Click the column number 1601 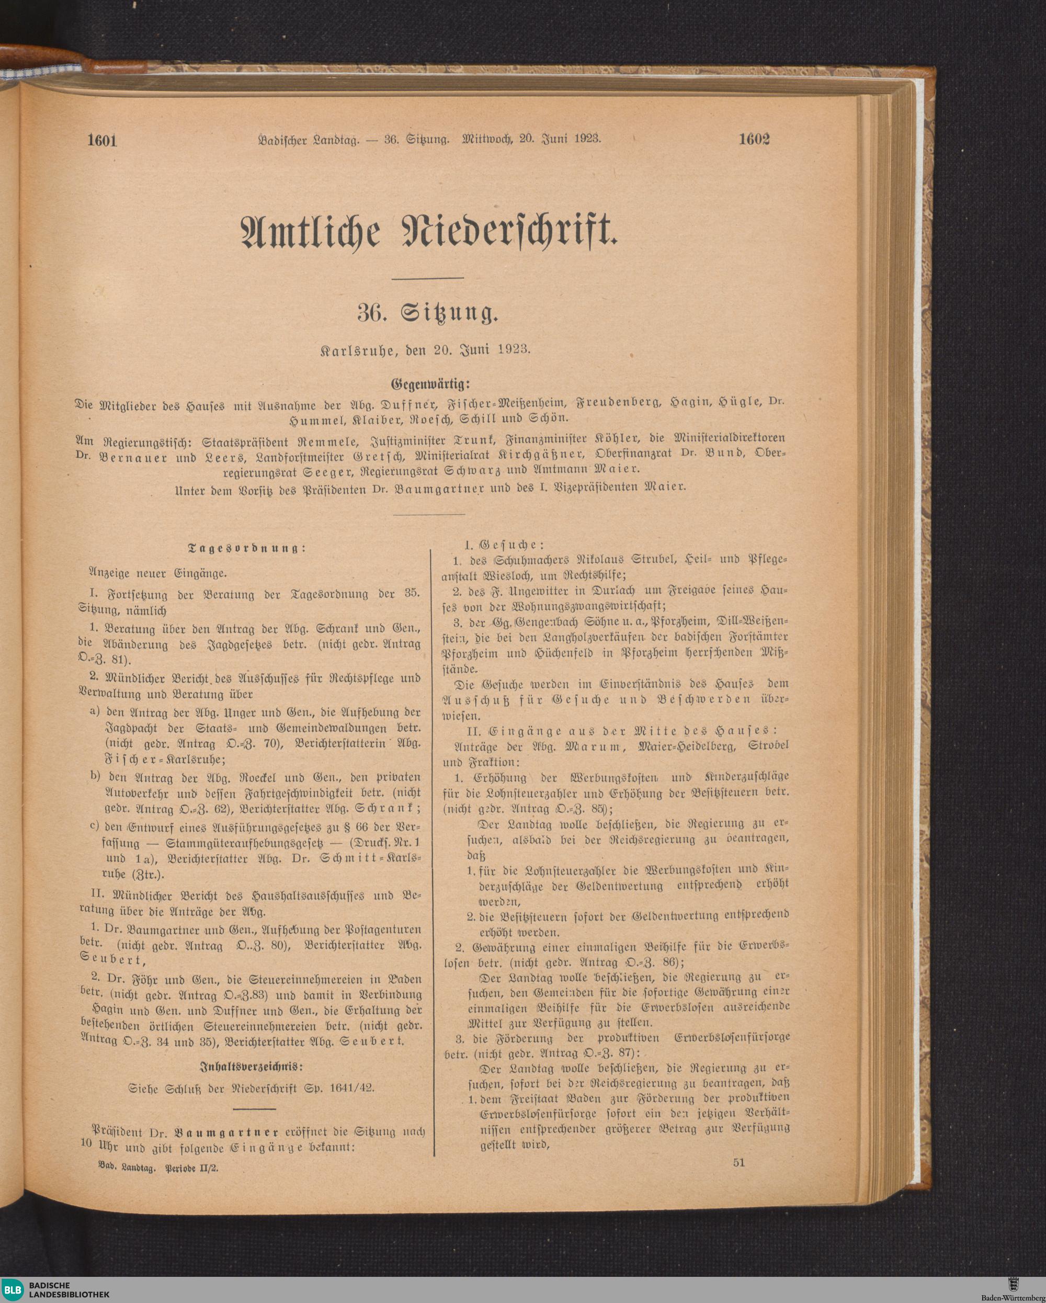coord(101,141)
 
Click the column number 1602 coord(754,140)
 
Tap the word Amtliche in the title coord(311,233)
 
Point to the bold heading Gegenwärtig coord(429,384)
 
